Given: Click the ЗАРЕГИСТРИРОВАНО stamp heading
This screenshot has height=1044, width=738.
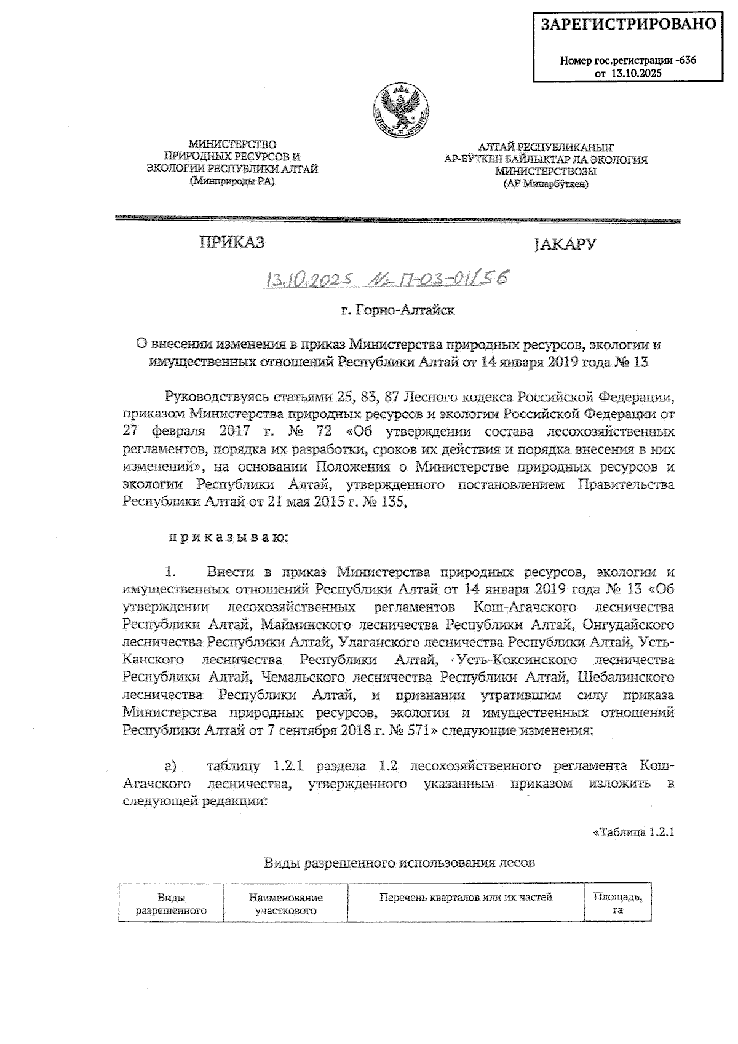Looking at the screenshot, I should tap(629, 25).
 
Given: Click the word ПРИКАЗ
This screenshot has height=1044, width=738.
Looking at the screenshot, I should tap(231, 242).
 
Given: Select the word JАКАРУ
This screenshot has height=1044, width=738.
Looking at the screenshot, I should tap(565, 244).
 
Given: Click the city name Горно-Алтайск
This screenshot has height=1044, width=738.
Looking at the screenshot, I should tap(398, 310).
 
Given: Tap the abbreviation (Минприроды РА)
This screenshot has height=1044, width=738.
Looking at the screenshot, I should tap(232, 181).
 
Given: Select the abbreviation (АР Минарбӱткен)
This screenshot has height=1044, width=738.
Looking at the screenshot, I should tap(546, 183).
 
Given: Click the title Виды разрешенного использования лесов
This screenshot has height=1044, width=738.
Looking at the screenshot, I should tap(399, 862).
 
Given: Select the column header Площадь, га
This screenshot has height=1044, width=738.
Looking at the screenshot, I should tap(617, 903).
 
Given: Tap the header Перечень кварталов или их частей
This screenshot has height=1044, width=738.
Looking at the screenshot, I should tap(466, 897).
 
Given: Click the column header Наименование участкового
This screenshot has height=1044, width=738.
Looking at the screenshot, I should tap(285, 904).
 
